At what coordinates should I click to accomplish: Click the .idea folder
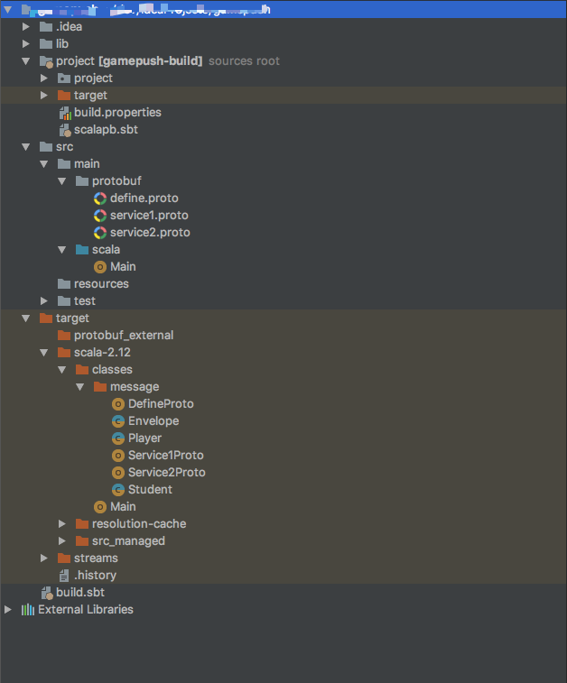(x=69, y=26)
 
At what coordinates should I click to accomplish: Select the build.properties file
(x=117, y=113)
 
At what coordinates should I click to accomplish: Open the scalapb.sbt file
(x=106, y=130)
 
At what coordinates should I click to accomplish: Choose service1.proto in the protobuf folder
(x=149, y=215)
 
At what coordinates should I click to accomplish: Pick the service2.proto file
(x=150, y=232)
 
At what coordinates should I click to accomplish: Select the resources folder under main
(x=101, y=283)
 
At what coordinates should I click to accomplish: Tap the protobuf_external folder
(x=124, y=335)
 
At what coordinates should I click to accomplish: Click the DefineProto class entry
(x=161, y=403)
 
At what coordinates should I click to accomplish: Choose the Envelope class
(x=153, y=420)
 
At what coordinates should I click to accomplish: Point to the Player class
(x=144, y=438)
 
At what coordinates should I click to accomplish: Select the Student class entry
(x=150, y=489)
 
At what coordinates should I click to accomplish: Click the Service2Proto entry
(x=166, y=472)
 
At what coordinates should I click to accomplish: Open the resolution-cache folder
(x=138, y=523)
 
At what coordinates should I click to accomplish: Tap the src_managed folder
(x=128, y=540)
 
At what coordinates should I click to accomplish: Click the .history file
(x=95, y=575)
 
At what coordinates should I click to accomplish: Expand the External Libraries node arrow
(x=8, y=609)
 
